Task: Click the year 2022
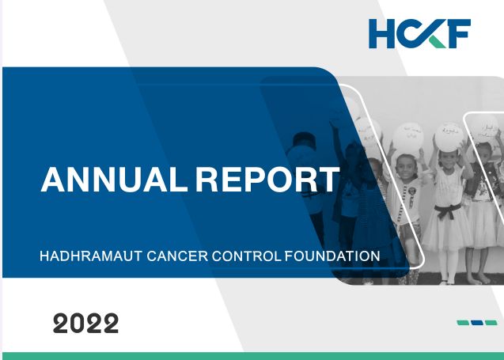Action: point(85,323)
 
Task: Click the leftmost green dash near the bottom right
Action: point(463,323)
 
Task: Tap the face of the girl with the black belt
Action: point(449,169)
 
